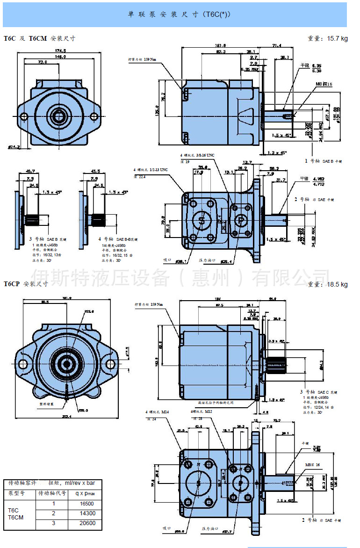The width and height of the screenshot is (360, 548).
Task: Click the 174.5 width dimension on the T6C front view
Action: tap(60, 50)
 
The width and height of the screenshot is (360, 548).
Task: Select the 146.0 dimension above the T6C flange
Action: tap(60, 57)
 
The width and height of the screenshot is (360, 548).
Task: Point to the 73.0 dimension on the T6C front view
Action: tap(43, 62)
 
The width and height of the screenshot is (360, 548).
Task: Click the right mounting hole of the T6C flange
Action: tap(94, 115)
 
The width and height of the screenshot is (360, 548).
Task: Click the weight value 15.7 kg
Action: tap(335, 39)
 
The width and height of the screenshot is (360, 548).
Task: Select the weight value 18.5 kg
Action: tap(335, 284)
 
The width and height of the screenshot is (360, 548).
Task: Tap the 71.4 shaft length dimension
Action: tap(277, 46)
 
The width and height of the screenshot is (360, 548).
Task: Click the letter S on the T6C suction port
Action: tap(202, 220)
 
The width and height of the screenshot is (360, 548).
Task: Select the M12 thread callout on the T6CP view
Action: tap(202, 412)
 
